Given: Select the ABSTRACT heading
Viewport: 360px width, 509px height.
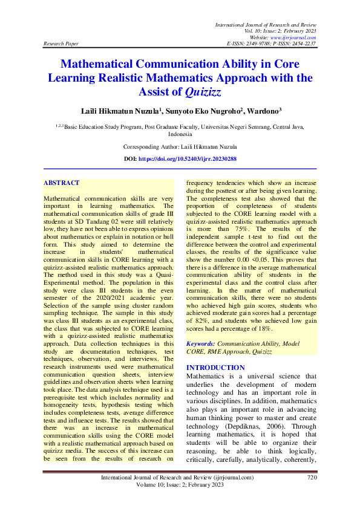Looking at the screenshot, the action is point(62,183).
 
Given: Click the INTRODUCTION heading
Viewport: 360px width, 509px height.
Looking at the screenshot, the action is point(215,368).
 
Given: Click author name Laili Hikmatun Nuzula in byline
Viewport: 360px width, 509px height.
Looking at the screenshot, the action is point(128,112).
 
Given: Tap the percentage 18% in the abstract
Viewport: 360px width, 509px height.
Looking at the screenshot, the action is point(263,329).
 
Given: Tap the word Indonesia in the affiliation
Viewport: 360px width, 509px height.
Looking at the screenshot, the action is point(180,135).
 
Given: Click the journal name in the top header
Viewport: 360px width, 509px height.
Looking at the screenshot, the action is point(266,24).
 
